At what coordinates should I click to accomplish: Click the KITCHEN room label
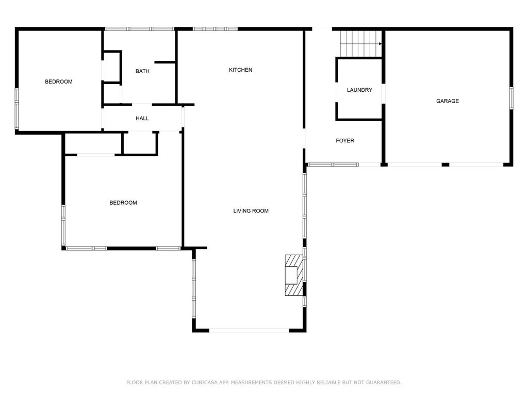(x=240, y=70)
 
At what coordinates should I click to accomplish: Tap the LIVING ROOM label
(x=251, y=211)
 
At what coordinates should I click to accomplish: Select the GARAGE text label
(x=447, y=101)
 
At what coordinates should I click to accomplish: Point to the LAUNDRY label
(x=359, y=90)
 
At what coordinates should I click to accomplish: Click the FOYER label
(x=345, y=140)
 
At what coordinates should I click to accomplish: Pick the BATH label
(x=142, y=71)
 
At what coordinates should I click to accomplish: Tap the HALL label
(x=142, y=118)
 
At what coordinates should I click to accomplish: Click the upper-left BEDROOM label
(x=59, y=81)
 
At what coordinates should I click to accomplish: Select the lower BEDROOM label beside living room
(x=123, y=202)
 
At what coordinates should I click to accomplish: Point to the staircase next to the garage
(x=360, y=44)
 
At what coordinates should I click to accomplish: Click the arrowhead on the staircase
(x=380, y=44)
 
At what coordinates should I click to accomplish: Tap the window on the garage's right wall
(x=511, y=98)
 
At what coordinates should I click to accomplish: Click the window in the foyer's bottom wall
(x=333, y=164)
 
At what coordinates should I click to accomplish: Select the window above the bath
(x=139, y=29)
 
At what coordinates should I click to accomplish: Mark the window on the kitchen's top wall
(x=215, y=29)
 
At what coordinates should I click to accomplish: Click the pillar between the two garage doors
(x=445, y=164)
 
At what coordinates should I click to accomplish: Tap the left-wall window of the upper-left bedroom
(x=17, y=109)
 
